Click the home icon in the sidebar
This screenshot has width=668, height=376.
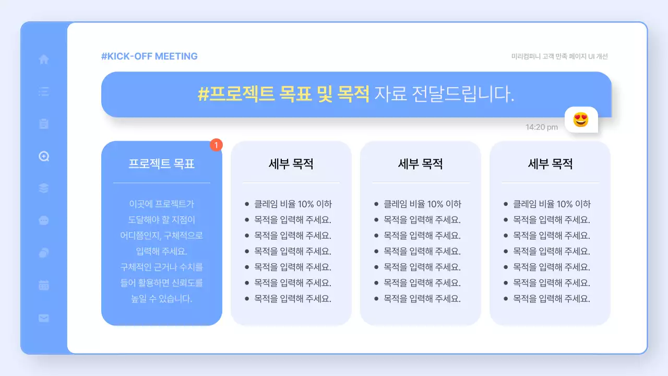[x=44, y=60]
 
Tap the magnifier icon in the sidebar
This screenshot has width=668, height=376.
[x=44, y=156]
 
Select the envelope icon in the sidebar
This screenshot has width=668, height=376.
[x=44, y=318]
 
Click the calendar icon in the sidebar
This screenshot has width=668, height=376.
[x=44, y=285]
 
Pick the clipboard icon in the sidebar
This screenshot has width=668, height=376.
[x=44, y=124]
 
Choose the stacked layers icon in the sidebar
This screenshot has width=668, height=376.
[x=44, y=188]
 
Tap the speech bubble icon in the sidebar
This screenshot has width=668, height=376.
[x=44, y=220]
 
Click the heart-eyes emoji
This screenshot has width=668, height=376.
[x=581, y=120]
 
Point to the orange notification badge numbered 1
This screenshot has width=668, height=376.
[x=217, y=145]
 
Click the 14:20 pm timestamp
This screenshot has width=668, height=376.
[x=541, y=127]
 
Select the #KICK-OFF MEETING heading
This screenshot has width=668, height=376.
[x=149, y=56]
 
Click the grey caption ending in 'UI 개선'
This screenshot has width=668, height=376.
[x=559, y=56]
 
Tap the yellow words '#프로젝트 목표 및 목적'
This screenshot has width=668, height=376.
[x=283, y=94]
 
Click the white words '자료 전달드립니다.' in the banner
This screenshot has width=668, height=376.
[x=444, y=94]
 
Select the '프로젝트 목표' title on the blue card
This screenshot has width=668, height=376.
[x=161, y=163]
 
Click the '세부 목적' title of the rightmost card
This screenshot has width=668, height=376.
[x=550, y=164]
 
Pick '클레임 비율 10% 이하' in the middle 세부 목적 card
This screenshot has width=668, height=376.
[x=422, y=204]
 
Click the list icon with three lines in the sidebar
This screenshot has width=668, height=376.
[x=44, y=92]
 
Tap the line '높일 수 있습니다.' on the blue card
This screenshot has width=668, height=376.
[x=161, y=299]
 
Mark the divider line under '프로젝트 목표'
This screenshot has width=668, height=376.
[x=161, y=183]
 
